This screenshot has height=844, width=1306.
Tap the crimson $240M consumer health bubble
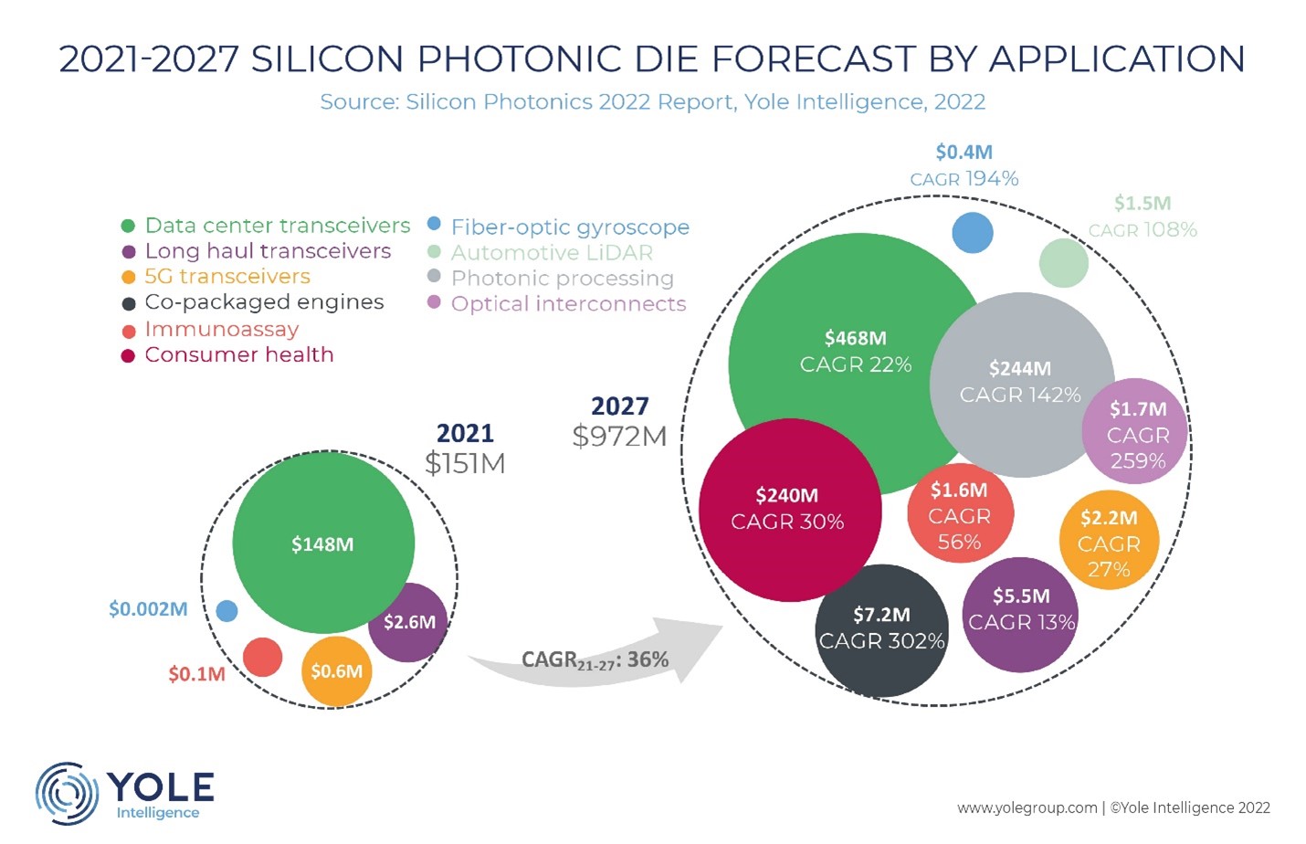[789, 510]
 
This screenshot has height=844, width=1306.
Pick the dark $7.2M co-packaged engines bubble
[881, 629]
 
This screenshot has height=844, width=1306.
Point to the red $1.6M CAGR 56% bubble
[959, 516]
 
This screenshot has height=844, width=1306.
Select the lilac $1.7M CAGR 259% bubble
[1136, 433]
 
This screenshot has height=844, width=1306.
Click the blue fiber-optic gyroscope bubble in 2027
[972, 232]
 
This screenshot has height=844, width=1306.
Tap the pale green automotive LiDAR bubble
[1063, 263]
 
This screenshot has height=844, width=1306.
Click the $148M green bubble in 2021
[322, 543]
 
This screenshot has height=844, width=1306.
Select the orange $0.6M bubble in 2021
[336, 671]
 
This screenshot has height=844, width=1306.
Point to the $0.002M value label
[148, 609]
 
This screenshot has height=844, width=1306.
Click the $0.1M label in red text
[196, 674]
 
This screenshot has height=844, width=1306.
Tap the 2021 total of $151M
[465, 463]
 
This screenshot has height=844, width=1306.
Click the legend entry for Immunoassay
[221, 329]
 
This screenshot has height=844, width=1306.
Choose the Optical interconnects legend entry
[567, 303]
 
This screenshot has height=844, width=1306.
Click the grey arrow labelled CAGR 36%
[594, 658]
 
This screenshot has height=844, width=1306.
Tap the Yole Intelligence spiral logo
[67, 793]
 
